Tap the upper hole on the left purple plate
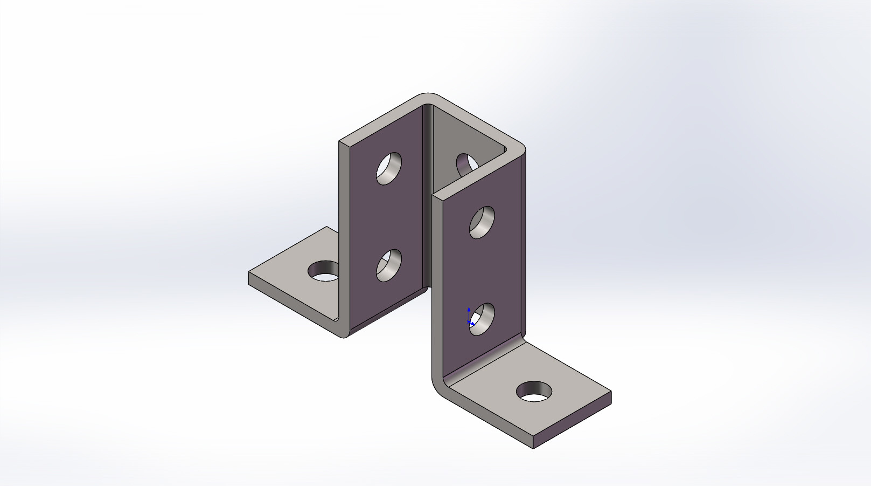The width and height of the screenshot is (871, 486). [x=389, y=168]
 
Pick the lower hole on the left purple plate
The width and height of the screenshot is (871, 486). [x=388, y=265]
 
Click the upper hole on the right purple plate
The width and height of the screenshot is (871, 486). [x=482, y=222]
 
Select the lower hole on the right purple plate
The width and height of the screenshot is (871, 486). [x=482, y=319]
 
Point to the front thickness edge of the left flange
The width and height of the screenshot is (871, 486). [x=291, y=299]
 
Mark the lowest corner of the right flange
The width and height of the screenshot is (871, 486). [x=533, y=448]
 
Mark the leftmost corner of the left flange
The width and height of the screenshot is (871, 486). [x=249, y=274]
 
